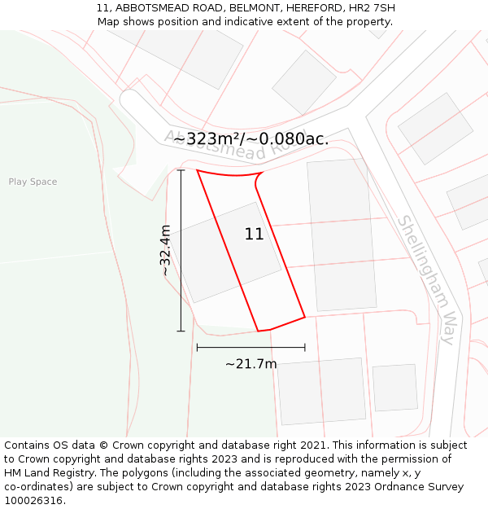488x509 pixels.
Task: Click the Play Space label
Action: tap(33, 182)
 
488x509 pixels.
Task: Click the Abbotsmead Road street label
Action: tap(236, 144)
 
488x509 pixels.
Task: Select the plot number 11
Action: tap(254, 235)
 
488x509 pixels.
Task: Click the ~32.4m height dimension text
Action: tap(166, 250)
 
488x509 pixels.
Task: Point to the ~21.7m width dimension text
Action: tap(251, 364)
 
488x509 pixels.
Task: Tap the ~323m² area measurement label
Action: tap(251, 139)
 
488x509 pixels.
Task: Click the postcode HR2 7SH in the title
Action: tap(373, 8)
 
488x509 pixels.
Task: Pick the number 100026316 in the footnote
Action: tap(33, 501)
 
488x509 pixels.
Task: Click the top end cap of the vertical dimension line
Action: tap(181, 170)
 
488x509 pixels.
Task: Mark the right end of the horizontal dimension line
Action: tap(305, 348)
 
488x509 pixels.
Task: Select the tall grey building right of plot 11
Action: tap(342, 235)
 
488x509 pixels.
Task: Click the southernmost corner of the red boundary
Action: tap(259, 331)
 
